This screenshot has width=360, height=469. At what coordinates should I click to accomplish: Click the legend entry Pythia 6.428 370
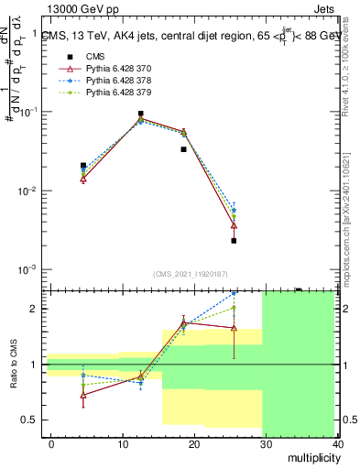(114, 69)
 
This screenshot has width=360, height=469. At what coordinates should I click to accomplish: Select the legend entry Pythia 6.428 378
(114, 81)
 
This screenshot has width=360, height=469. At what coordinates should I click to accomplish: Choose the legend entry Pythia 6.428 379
(114, 93)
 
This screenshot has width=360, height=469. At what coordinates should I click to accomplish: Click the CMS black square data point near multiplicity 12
(140, 114)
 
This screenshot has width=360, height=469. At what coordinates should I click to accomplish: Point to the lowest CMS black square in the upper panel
(234, 241)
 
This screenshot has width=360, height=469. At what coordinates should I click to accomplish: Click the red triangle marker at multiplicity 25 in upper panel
(234, 225)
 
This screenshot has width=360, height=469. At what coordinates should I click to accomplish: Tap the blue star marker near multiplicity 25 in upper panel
(234, 210)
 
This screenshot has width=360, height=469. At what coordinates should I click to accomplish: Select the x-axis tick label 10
(123, 443)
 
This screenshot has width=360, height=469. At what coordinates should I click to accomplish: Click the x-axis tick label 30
(266, 443)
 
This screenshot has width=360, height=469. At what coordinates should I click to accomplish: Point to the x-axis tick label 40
(338, 443)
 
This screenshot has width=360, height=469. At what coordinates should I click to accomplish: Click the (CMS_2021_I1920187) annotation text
(190, 273)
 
